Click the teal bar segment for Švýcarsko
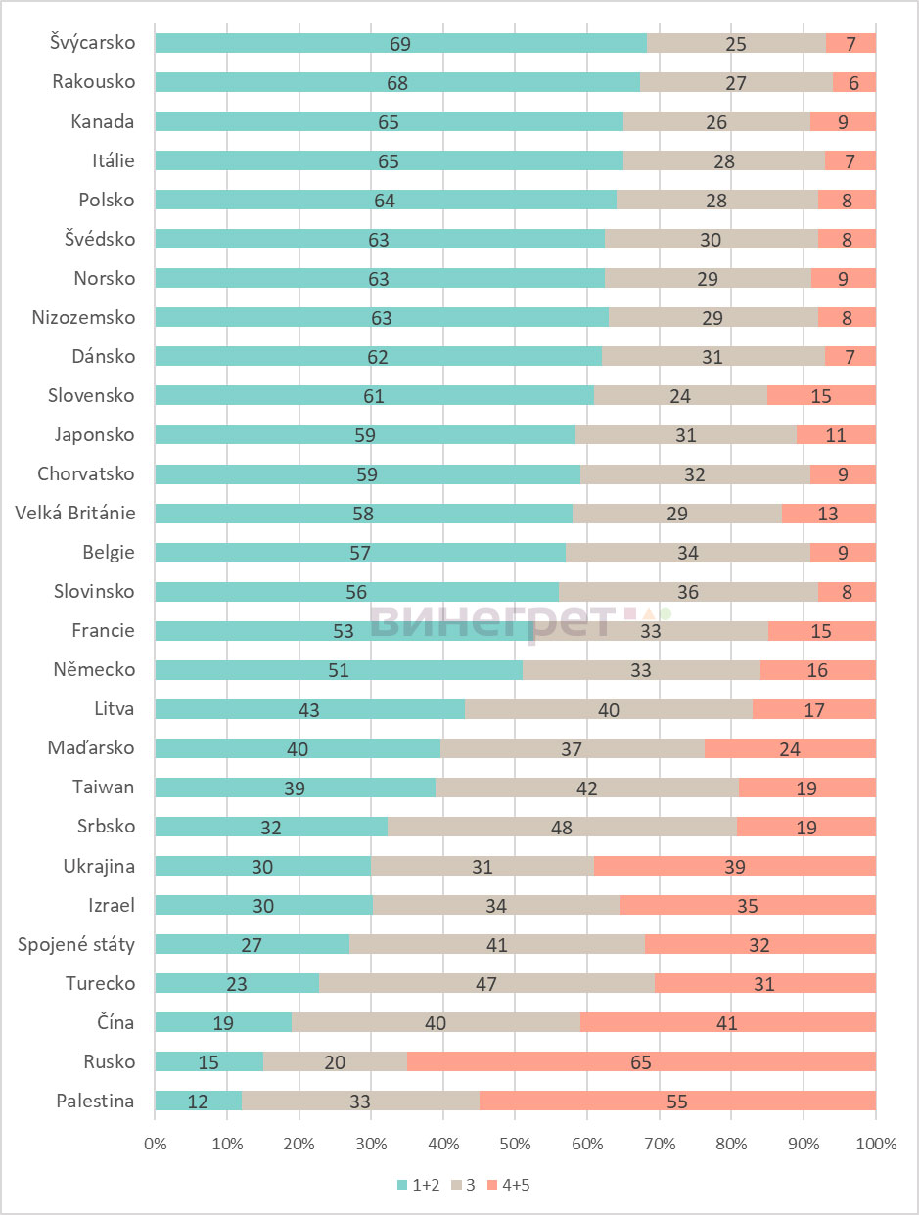(401, 43)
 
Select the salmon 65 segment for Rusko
(641, 1061)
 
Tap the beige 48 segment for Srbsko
(562, 827)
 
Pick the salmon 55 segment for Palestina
(677, 1101)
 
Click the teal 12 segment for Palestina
(199, 1101)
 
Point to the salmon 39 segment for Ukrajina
(735, 867)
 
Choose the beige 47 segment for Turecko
(486, 983)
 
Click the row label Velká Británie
(75, 514)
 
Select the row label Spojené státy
(76, 944)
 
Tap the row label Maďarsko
(91, 747)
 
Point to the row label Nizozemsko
(83, 317)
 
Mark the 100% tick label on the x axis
(876, 1144)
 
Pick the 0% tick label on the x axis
(155, 1144)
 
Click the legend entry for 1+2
(419, 1185)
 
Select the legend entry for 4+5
(508, 1185)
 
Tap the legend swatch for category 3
(456, 1185)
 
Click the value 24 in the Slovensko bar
(680, 396)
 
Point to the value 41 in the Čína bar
(727, 1023)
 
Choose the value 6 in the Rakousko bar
(854, 83)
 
